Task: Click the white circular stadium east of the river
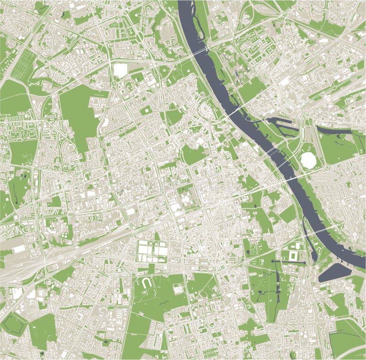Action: point(308,160)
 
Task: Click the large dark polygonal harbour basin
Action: point(334,273)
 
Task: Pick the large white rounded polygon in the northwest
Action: point(120,70)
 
